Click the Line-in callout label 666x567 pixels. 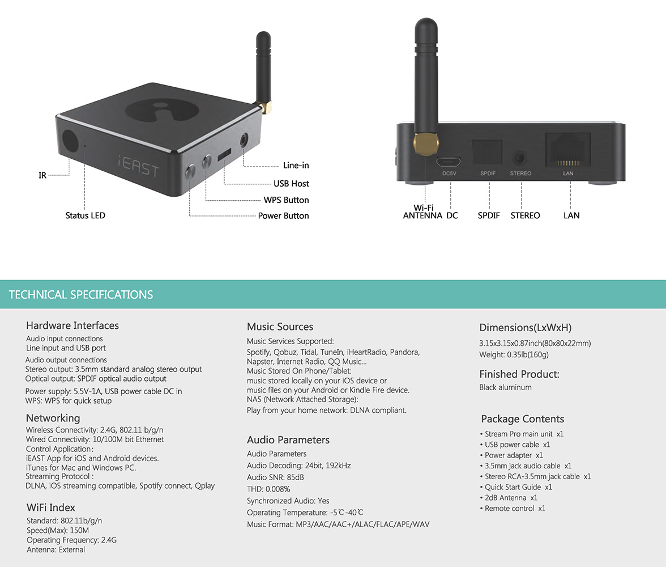[296, 166]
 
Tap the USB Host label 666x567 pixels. [291, 184]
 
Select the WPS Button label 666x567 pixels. [286, 200]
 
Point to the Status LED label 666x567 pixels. [85, 215]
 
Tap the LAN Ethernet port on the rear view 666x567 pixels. [567, 150]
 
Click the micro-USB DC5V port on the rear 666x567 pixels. [449, 160]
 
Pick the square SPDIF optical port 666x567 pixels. [487, 153]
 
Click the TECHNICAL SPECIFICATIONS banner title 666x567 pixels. [81, 295]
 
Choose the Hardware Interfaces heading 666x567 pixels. [72, 325]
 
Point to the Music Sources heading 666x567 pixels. [280, 327]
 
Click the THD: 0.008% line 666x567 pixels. [268, 489]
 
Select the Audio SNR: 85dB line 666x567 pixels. [275, 477]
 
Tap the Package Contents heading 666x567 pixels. [522, 419]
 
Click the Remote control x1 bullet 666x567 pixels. [515, 509]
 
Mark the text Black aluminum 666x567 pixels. [505, 387]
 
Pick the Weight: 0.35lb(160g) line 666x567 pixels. [514, 354]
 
